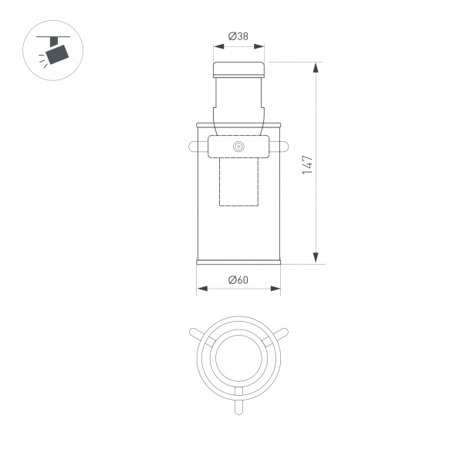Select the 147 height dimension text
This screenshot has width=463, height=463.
(x=307, y=164)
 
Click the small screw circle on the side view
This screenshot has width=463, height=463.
(x=238, y=146)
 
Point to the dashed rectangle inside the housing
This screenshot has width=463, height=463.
(x=238, y=182)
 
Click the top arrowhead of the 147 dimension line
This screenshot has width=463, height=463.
(x=316, y=68)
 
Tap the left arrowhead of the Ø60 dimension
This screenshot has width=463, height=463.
(x=201, y=289)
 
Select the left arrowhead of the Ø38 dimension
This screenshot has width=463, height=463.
(x=217, y=46)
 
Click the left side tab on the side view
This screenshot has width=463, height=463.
(x=192, y=145)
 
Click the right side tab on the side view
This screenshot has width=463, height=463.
(x=284, y=145)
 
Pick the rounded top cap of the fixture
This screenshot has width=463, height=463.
(x=238, y=69)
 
